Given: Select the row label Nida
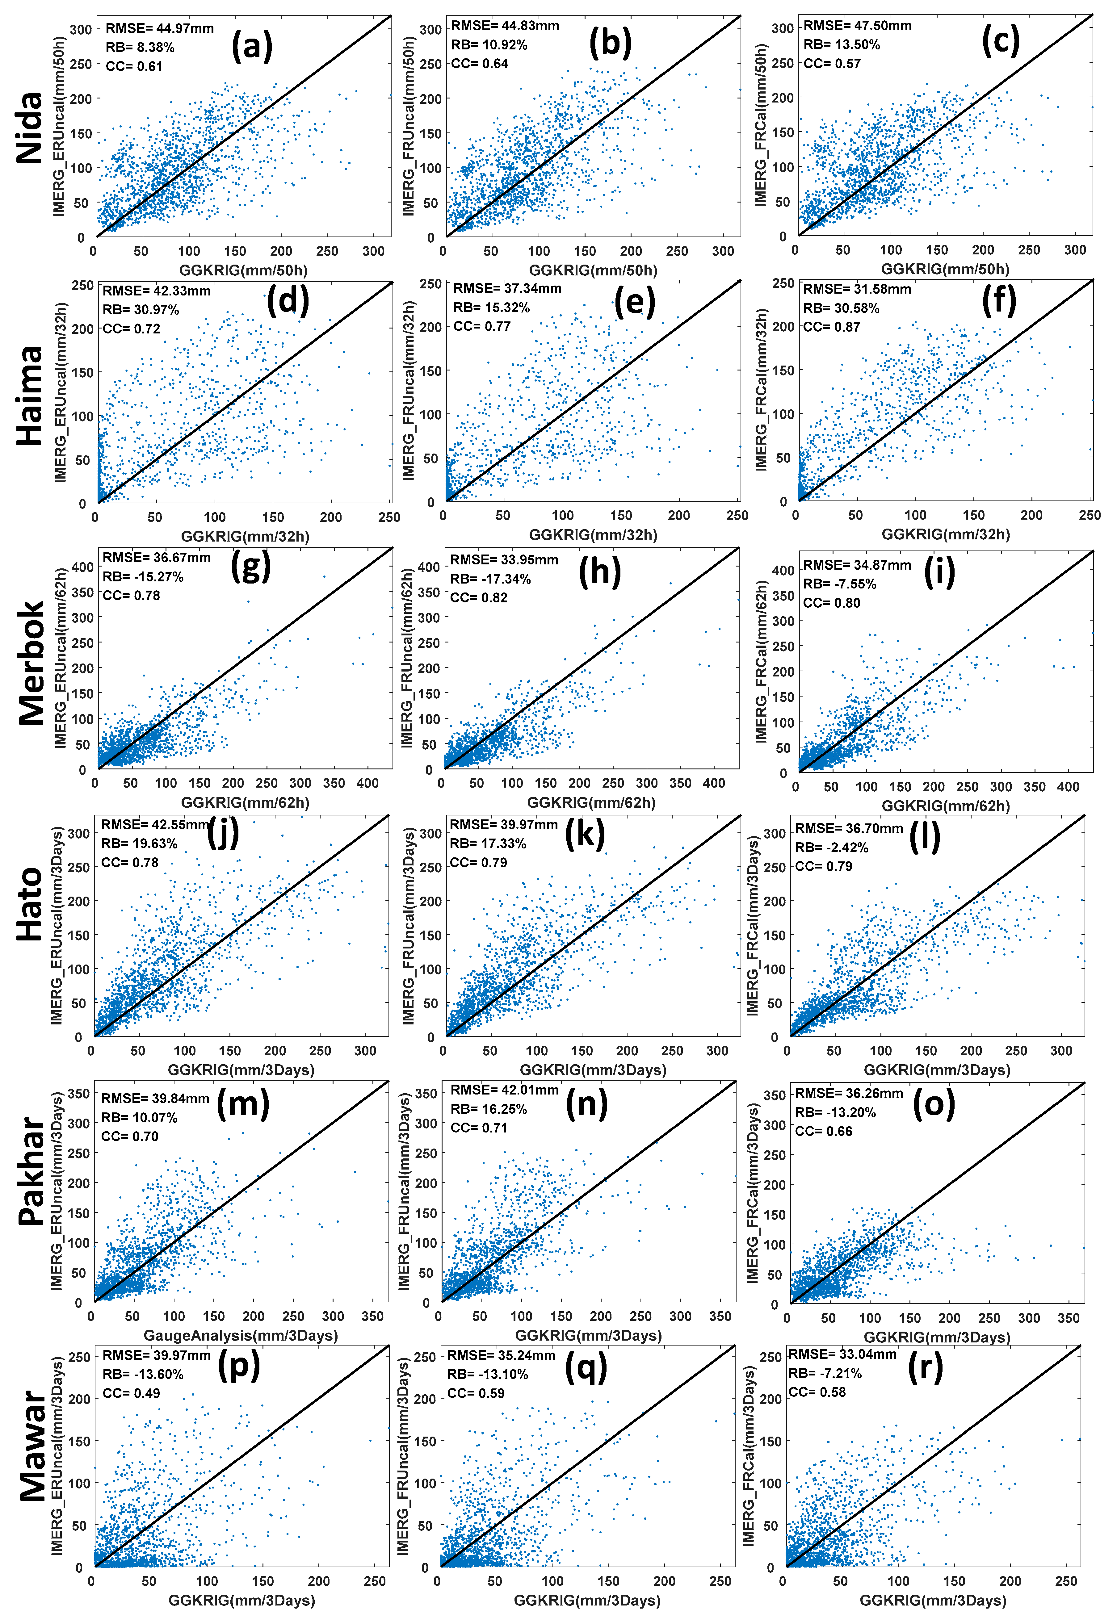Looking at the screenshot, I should click(x=30, y=128).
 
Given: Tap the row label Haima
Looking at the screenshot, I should click(x=30, y=396).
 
